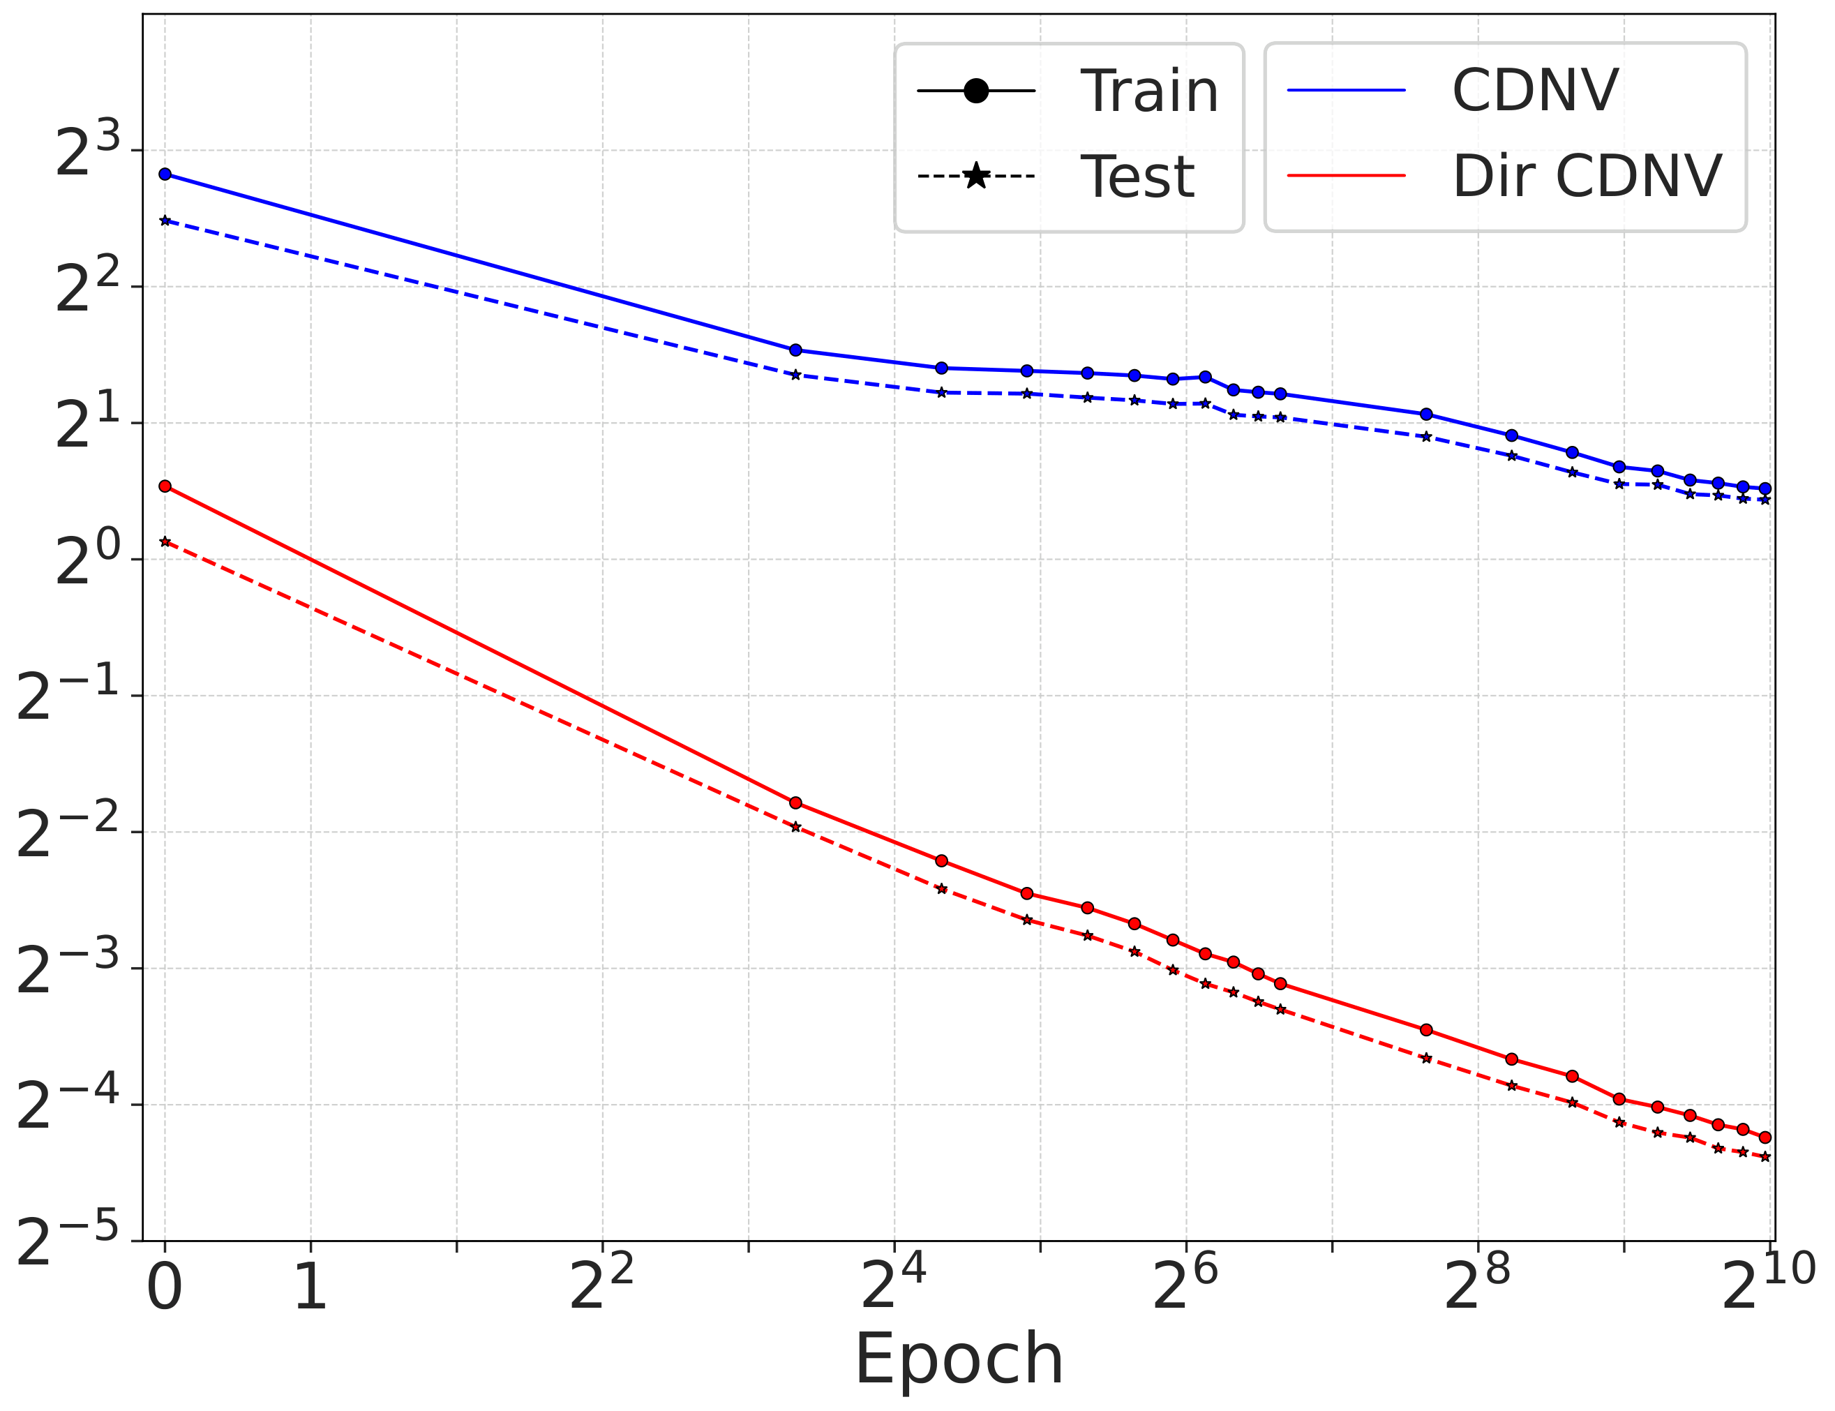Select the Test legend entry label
(x=1137, y=177)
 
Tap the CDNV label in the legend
(x=1534, y=90)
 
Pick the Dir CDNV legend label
(x=1587, y=177)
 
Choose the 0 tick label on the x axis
(x=165, y=1287)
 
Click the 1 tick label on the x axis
(x=310, y=1287)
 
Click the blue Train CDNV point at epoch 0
(x=165, y=174)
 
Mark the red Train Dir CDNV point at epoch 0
(x=165, y=486)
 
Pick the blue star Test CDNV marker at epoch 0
(x=165, y=221)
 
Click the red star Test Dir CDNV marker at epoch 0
(x=165, y=542)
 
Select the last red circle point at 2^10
(x=1765, y=1137)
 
